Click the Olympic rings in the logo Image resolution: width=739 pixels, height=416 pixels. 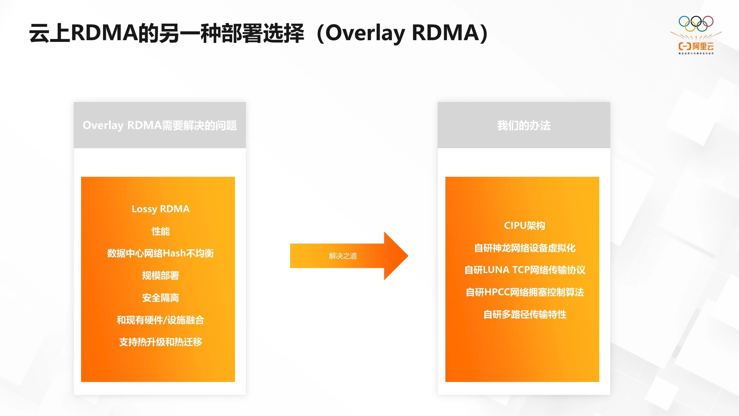696,23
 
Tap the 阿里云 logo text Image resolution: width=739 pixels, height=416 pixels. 703,46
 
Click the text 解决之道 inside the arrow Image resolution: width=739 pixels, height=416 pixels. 342,256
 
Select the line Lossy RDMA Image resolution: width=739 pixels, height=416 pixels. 160,209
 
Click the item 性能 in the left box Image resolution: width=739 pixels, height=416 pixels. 160,231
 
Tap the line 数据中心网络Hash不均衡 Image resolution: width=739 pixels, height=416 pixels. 160,253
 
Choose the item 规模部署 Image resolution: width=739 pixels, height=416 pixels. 160,276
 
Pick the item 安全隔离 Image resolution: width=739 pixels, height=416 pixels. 160,298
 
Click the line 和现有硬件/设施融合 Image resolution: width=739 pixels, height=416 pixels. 160,320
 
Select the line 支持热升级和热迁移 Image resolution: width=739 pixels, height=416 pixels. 160,342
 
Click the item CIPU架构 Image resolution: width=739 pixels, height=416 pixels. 524,226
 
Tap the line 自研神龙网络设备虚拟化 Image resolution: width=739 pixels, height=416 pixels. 524,248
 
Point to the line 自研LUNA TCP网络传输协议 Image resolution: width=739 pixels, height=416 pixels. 524,270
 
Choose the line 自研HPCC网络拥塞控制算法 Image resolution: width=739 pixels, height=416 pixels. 524,292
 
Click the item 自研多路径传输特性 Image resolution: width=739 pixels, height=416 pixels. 524,315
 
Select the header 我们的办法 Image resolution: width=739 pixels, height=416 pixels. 524,126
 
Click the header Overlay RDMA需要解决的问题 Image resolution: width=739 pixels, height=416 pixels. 159,125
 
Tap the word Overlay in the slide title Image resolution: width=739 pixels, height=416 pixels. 365,33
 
